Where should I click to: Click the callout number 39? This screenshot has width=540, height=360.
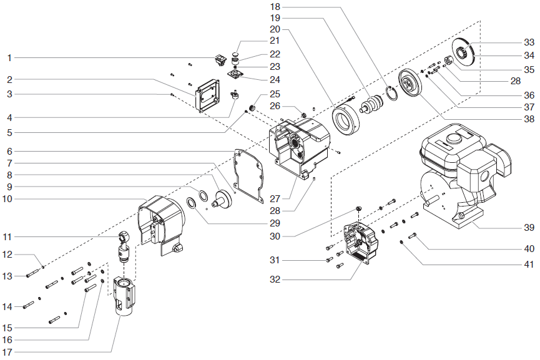529,228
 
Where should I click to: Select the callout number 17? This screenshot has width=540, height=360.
7,353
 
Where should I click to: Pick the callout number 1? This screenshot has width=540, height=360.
9,58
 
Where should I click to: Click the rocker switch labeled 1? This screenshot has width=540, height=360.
220,60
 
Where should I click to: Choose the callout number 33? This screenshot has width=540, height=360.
529,42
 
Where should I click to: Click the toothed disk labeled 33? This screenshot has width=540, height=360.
464,49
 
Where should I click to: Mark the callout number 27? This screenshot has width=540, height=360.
275,199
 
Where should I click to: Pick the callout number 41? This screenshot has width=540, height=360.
529,265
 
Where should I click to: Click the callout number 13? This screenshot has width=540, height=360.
7,276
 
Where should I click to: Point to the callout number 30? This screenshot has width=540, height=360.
275,236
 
